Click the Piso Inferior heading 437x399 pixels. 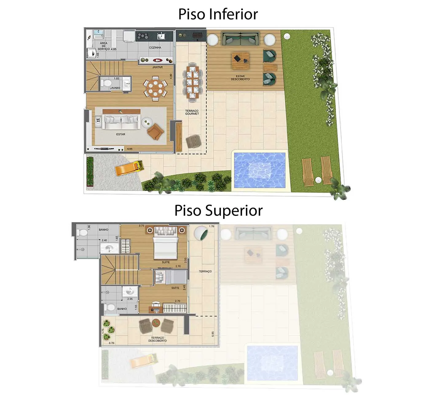(x=218, y=14)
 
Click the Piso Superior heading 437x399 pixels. (x=218, y=211)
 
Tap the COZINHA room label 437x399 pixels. (x=155, y=48)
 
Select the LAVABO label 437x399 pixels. (x=115, y=88)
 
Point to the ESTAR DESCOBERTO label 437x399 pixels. (x=240, y=78)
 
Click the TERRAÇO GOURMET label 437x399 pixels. (x=192, y=112)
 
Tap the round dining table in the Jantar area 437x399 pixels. (x=155, y=88)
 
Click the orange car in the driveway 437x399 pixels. (x=129, y=168)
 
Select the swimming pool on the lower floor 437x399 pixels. (x=259, y=170)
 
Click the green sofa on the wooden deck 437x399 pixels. (x=241, y=39)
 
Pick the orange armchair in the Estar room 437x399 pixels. (x=156, y=131)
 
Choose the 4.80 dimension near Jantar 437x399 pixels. (x=171, y=76)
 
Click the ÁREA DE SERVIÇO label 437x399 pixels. (x=104, y=46)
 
